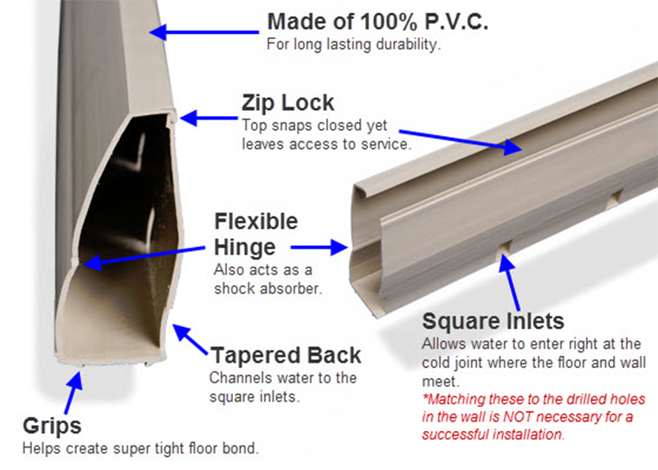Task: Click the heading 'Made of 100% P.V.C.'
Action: click(x=377, y=22)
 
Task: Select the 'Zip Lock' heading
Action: click(x=287, y=102)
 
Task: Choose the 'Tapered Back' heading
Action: click(x=286, y=356)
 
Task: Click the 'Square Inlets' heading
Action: click(x=493, y=322)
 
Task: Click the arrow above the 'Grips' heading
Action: click(x=72, y=391)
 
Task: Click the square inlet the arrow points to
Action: click(x=501, y=251)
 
